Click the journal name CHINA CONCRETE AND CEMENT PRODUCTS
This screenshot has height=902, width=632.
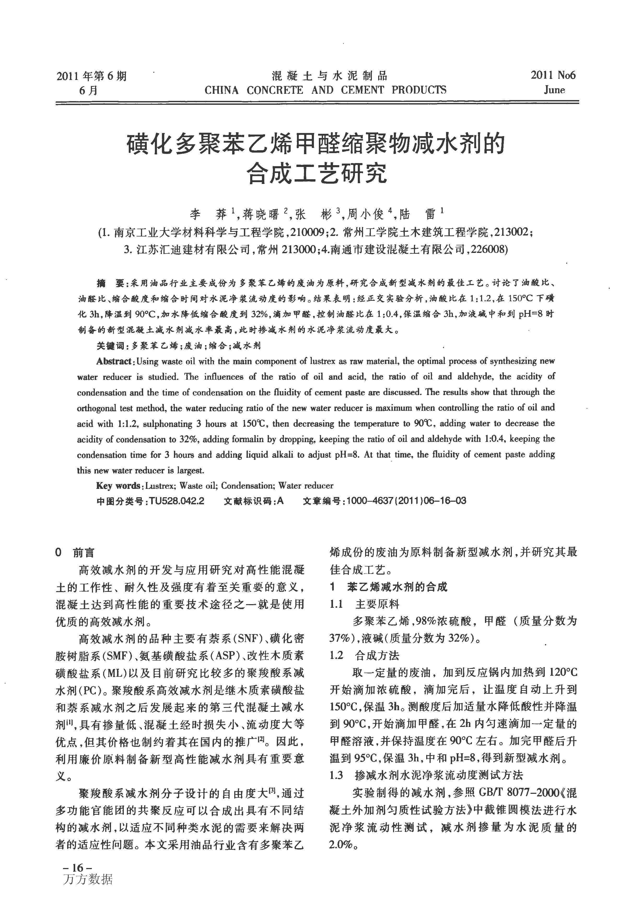[325, 90]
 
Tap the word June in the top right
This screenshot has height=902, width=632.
[554, 90]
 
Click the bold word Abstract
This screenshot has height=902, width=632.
[114, 361]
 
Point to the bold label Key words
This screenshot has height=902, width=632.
[118, 485]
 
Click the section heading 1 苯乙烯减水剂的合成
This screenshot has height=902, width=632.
[388, 587]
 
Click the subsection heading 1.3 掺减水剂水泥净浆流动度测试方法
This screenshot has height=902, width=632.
[426, 775]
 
